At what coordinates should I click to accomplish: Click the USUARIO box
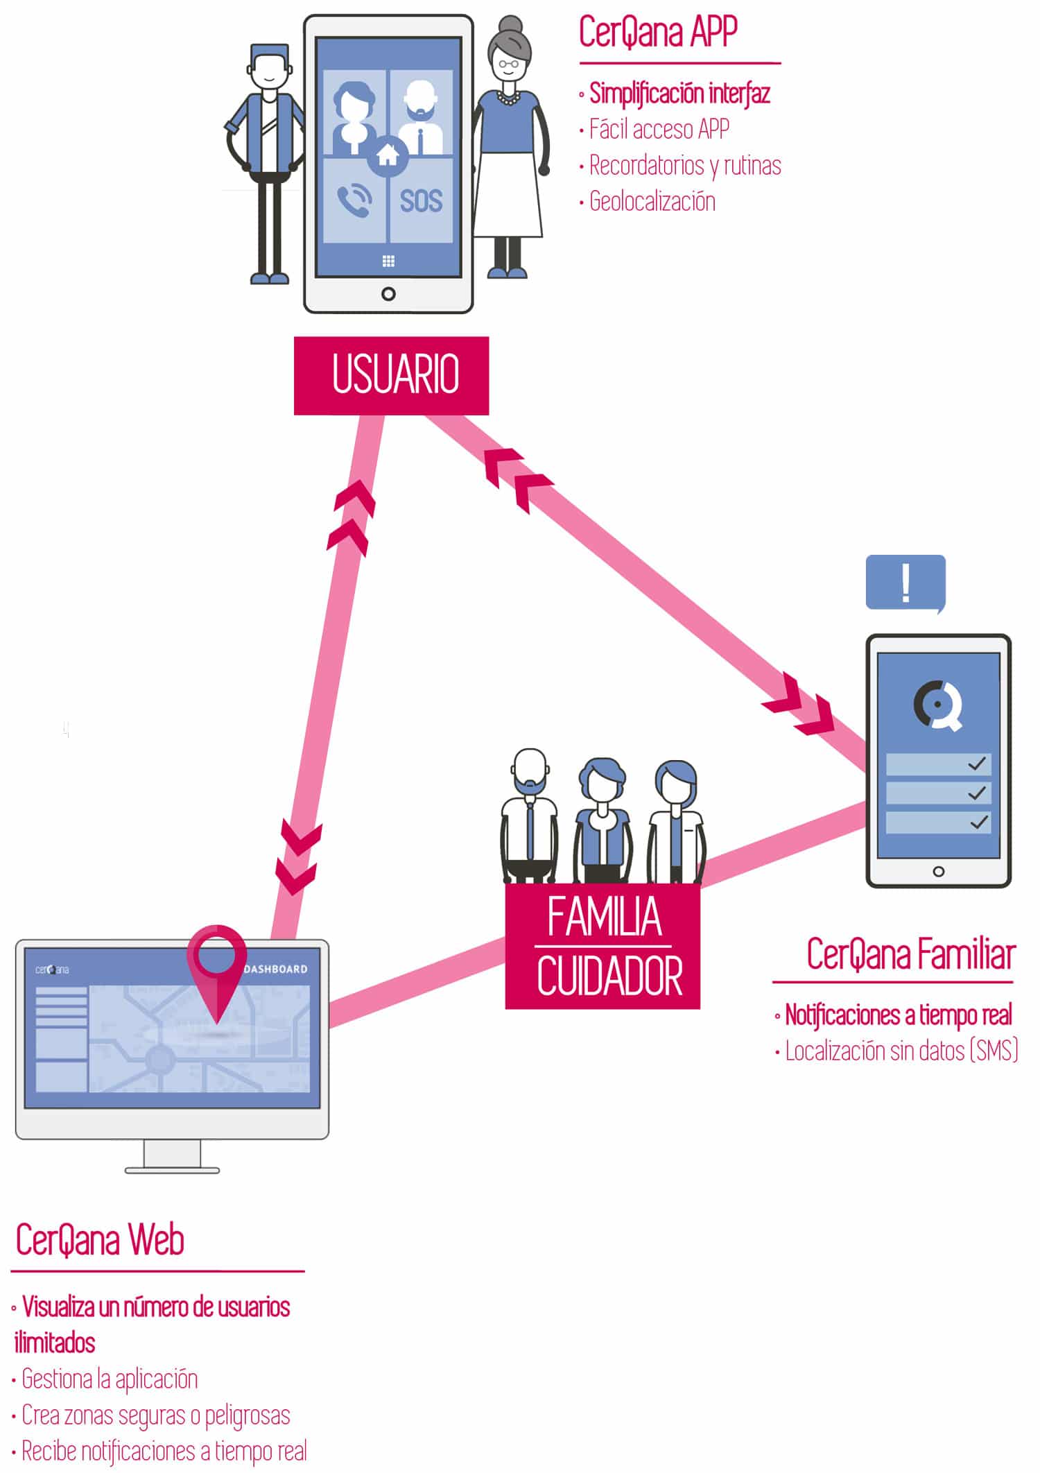391,375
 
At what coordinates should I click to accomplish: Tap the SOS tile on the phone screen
422,201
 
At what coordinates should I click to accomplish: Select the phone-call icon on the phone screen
354,201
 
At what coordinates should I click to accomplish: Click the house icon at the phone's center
388,155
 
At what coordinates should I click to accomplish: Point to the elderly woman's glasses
508,64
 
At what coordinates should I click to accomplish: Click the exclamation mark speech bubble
905,584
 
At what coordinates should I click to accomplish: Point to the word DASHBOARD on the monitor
276,969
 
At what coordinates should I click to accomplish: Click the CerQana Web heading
100,1241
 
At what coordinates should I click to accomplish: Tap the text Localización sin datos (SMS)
901,1051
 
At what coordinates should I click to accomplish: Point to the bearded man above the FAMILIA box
529,815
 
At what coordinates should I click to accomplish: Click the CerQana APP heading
658,32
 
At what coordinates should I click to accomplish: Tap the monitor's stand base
172,1171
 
